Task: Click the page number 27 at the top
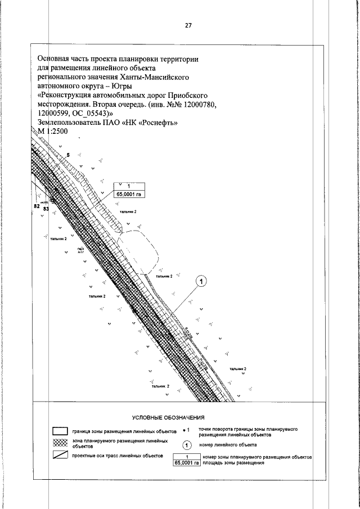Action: tap(188, 25)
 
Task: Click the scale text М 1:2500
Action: tap(52, 131)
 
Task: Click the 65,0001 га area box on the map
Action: tap(129, 195)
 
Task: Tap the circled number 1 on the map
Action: tap(201, 281)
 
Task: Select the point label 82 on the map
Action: tap(38, 206)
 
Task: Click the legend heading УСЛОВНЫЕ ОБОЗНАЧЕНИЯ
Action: tap(168, 418)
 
